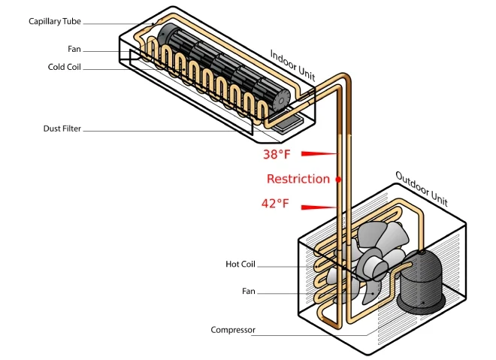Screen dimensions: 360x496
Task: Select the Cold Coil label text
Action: click(64, 67)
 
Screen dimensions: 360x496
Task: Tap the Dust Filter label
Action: click(62, 129)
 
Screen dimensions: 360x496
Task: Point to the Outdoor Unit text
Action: click(421, 189)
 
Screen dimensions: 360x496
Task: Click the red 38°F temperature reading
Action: click(276, 155)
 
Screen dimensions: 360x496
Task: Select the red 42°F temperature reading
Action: click(275, 203)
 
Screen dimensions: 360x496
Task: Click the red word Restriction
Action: click(298, 179)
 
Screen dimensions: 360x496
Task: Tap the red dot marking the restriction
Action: click(338, 179)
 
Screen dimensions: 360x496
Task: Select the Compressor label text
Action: click(233, 330)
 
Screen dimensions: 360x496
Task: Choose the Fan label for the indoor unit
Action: click(74, 50)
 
